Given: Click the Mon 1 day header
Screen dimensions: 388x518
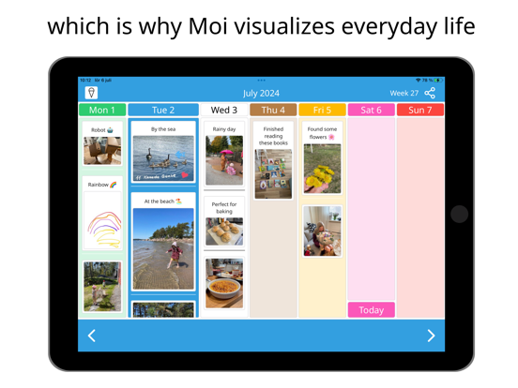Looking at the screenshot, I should [x=101, y=111].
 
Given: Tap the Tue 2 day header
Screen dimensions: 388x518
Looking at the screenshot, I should [x=163, y=111].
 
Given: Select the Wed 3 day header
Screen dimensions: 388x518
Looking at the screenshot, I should [x=224, y=111].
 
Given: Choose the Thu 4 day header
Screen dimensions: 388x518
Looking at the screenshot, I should [x=273, y=111].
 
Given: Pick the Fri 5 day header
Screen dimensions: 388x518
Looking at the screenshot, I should [x=322, y=111].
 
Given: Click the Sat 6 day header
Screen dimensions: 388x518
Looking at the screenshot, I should [x=371, y=111].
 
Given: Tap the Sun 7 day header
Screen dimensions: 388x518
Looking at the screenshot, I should [x=420, y=111].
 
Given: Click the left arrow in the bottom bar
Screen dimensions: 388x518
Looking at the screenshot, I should [x=92, y=336].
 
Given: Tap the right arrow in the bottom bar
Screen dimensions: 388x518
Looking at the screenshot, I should [x=431, y=336].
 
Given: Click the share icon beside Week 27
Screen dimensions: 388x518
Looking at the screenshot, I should [x=431, y=93].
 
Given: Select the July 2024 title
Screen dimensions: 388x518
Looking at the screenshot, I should [x=262, y=93].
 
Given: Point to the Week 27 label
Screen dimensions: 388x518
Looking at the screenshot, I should [x=404, y=93].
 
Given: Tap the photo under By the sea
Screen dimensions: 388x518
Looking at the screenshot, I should [x=163, y=157].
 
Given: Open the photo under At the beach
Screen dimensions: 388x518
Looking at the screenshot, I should [x=163, y=249].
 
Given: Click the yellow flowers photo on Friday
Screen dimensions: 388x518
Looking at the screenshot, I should [x=322, y=169].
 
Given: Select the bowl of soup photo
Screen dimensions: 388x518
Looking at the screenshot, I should [x=224, y=282].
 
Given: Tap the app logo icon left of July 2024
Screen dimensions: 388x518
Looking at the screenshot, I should [x=91, y=93].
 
